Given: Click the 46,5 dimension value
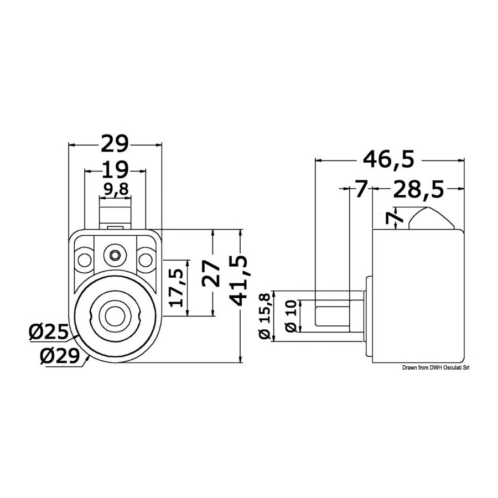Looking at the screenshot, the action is pos(389,159).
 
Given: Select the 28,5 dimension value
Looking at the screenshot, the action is pos(418,190).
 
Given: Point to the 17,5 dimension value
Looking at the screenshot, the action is pos(177,288).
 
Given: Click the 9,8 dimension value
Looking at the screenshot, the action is pos(116,190).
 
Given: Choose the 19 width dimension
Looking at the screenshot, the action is pos(115,170).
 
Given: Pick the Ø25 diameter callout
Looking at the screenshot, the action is pos(48,333).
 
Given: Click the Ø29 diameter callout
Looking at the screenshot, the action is pos(59,356).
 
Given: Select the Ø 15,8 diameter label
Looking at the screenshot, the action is pos(265,317).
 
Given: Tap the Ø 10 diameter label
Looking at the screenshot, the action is pos(291,316).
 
